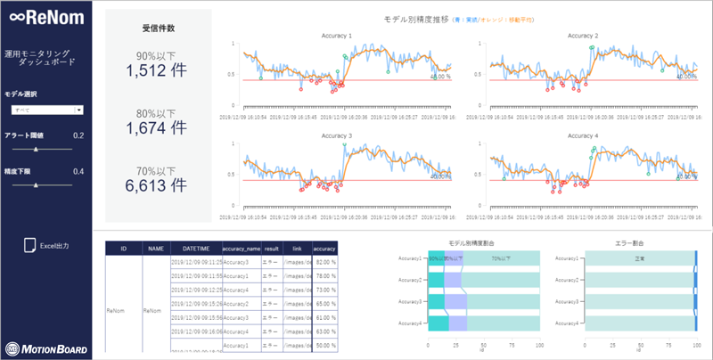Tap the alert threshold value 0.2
click(x=78, y=135)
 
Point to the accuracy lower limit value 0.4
click(x=78, y=171)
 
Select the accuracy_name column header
click(x=241, y=250)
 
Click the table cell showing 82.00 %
click(x=324, y=263)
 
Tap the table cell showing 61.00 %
click(x=324, y=317)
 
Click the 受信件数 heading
click(x=157, y=28)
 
